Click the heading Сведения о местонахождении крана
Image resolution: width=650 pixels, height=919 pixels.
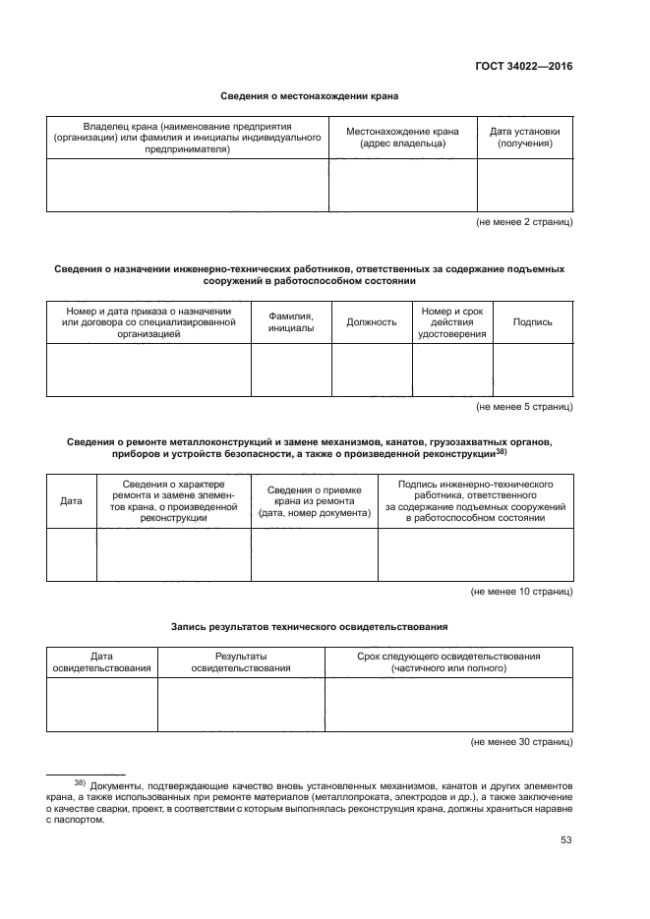(x=310, y=95)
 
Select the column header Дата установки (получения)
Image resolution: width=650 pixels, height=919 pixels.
(x=524, y=137)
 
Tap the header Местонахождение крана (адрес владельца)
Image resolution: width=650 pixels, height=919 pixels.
(x=402, y=137)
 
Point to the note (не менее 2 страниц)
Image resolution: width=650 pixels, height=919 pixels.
(x=523, y=223)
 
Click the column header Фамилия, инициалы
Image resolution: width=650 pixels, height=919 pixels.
(x=290, y=321)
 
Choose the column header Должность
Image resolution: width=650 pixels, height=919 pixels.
(x=371, y=321)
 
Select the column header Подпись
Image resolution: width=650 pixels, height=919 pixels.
(x=532, y=321)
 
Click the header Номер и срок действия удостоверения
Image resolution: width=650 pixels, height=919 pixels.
(x=451, y=321)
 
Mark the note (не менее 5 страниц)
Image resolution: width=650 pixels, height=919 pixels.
(x=523, y=407)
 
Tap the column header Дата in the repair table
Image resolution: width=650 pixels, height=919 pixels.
(x=71, y=500)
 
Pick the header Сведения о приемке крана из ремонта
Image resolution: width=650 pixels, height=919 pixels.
(x=314, y=500)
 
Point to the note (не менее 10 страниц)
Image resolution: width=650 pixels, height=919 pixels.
(x=521, y=592)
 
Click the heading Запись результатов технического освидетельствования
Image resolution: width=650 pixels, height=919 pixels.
(x=310, y=625)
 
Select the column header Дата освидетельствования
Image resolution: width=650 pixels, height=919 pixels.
(x=101, y=662)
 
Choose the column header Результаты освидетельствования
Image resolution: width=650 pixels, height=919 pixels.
(x=241, y=662)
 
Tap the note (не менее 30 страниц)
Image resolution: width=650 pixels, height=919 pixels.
(x=521, y=742)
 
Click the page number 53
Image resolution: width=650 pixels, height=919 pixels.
(x=565, y=839)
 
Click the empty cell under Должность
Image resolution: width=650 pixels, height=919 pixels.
(x=371, y=370)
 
